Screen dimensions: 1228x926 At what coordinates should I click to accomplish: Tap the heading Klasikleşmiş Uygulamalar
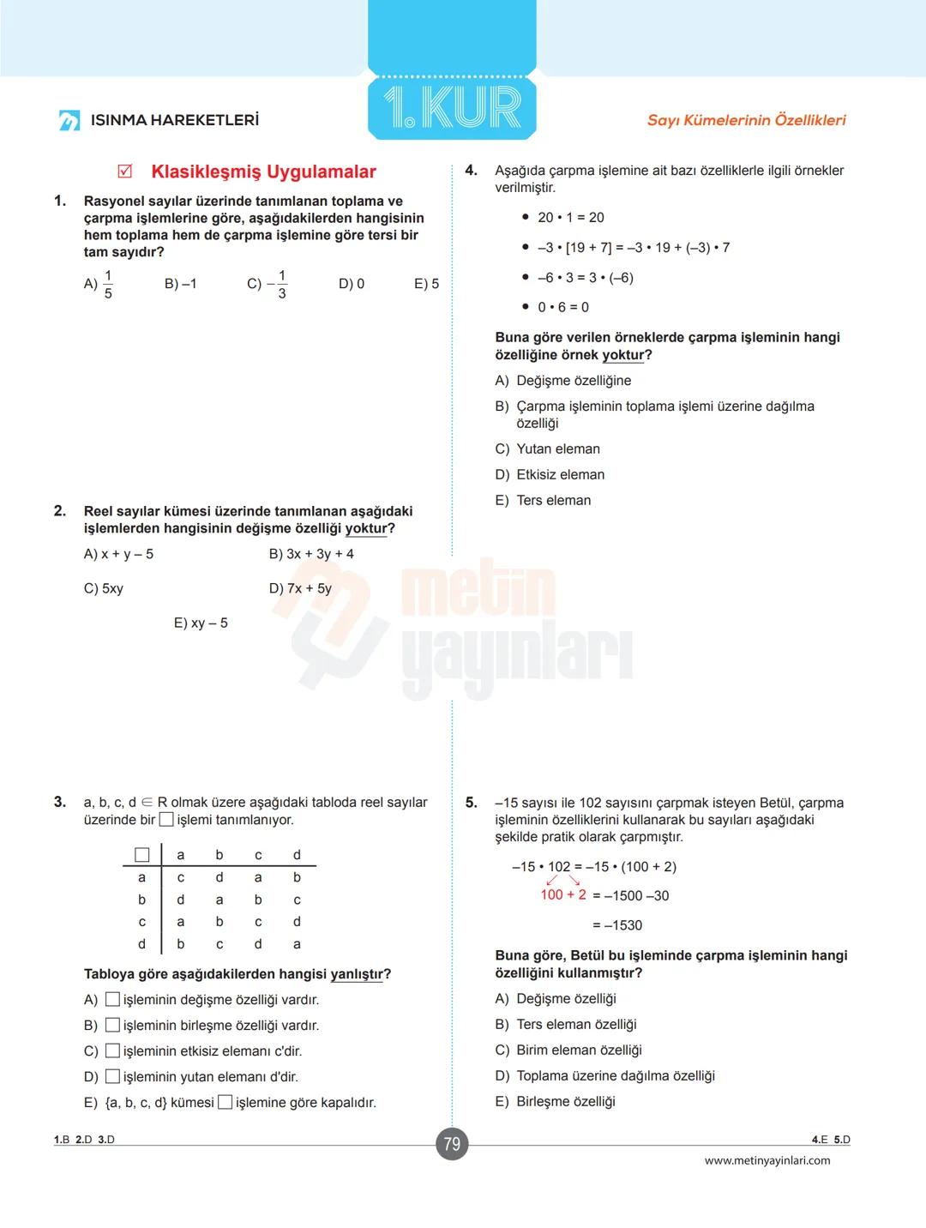pyautogui.click(x=263, y=172)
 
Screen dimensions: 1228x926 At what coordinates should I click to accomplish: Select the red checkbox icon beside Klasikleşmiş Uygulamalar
pyautogui.click(x=125, y=172)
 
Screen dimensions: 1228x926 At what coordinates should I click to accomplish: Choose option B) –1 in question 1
pyautogui.click(x=180, y=284)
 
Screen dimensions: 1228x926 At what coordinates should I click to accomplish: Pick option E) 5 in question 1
pyautogui.click(x=426, y=284)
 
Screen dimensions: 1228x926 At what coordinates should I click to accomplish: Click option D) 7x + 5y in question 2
pyautogui.click(x=300, y=588)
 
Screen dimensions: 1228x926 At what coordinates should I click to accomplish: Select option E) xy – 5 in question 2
pyautogui.click(x=201, y=623)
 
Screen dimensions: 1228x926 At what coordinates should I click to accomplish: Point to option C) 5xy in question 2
pyautogui.click(x=104, y=588)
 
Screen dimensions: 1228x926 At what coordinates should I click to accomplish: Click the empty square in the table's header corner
pyautogui.click(x=142, y=855)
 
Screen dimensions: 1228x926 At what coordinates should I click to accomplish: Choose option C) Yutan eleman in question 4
pyautogui.click(x=548, y=449)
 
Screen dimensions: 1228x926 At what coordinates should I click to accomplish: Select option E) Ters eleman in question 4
pyautogui.click(x=544, y=501)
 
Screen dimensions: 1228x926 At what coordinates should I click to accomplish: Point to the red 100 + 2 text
pyautogui.click(x=563, y=894)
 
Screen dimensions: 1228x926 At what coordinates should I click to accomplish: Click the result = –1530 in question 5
pyautogui.click(x=617, y=925)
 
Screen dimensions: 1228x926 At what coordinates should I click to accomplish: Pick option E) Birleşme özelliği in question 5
pyautogui.click(x=556, y=1102)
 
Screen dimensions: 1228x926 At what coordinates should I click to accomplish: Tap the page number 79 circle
pyautogui.click(x=452, y=1144)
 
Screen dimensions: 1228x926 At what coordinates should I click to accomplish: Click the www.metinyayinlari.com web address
pyautogui.click(x=767, y=1160)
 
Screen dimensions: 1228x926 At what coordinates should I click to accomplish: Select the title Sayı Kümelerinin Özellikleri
pyautogui.click(x=746, y=120)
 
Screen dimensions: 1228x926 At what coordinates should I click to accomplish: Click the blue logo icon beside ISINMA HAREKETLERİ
pyautogui.click(x=69, y=120)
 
